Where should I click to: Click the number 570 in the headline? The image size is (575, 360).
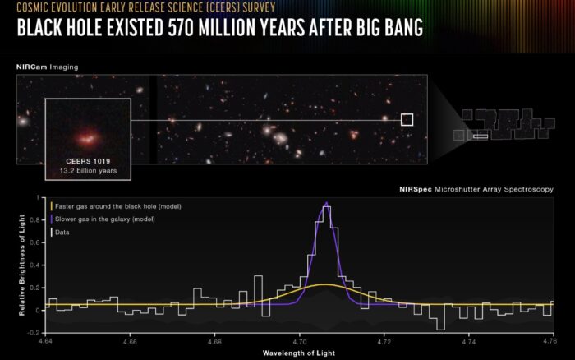181,27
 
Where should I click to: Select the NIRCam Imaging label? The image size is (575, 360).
48,67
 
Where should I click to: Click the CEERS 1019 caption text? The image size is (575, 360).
88,161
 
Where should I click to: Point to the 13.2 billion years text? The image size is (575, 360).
88,171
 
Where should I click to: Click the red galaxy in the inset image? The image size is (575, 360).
88,137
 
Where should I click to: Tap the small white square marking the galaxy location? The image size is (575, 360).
407,120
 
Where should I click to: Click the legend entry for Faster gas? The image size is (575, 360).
116,206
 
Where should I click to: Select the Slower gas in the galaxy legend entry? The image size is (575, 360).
103,219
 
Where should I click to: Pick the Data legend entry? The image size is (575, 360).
60,233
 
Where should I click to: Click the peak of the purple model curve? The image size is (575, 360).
327,202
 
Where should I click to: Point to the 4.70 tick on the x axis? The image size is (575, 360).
299,341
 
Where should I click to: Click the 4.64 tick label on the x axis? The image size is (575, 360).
45,341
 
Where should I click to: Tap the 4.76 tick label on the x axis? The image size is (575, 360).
550,341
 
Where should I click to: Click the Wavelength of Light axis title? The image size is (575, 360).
299,353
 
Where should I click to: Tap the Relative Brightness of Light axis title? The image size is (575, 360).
22,265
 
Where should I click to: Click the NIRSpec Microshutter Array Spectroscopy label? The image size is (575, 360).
476,189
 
